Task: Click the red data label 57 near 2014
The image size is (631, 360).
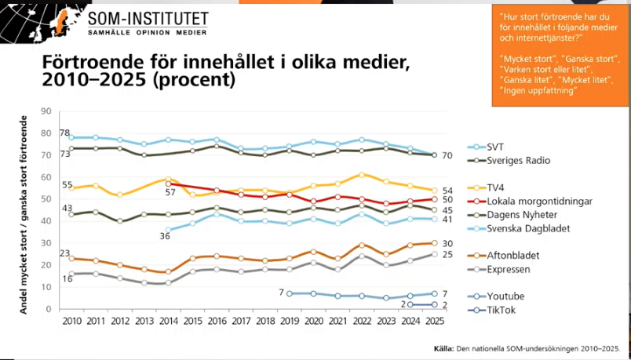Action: point(168,191)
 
